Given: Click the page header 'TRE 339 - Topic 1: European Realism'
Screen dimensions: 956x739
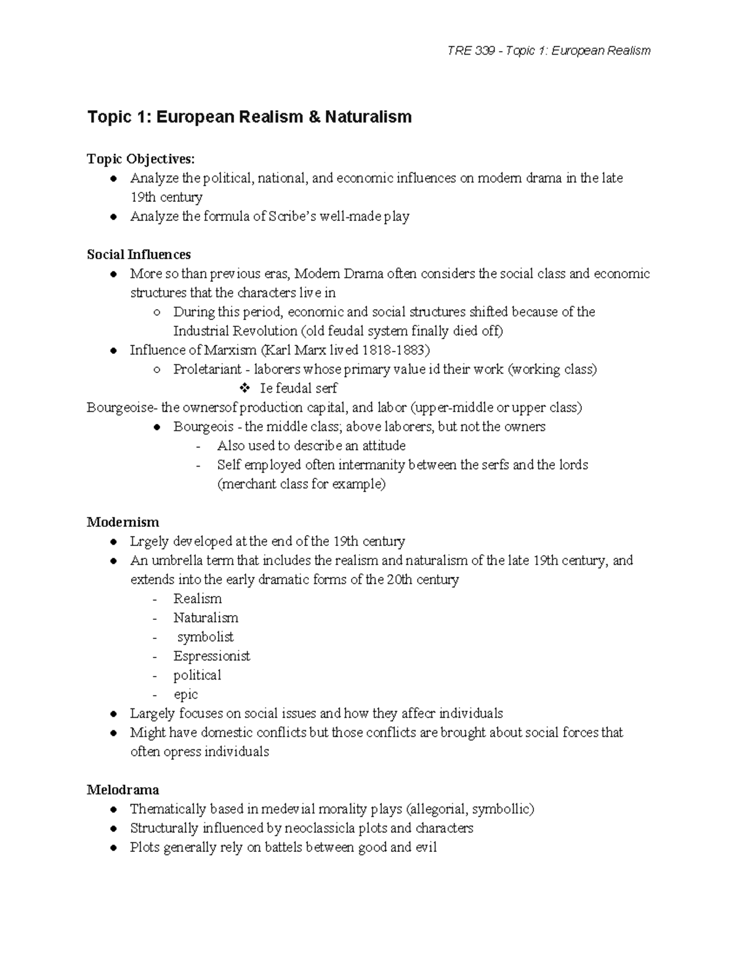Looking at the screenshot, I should (549, 50).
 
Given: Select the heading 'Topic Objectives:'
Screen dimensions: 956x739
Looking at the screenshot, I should (140, 159).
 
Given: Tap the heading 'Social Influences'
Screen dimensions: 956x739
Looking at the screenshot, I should (139, 254).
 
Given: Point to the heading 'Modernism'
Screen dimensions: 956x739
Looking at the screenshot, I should (123, 522).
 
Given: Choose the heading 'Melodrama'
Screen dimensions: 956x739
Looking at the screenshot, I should (123, 790).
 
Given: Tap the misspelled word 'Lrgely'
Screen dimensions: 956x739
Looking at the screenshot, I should (148, 542).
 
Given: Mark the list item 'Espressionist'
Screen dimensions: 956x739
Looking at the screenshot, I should (211, 656).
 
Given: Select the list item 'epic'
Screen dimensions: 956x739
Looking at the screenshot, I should (185, 694).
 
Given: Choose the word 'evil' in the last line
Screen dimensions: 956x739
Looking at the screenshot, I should (426, 848).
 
